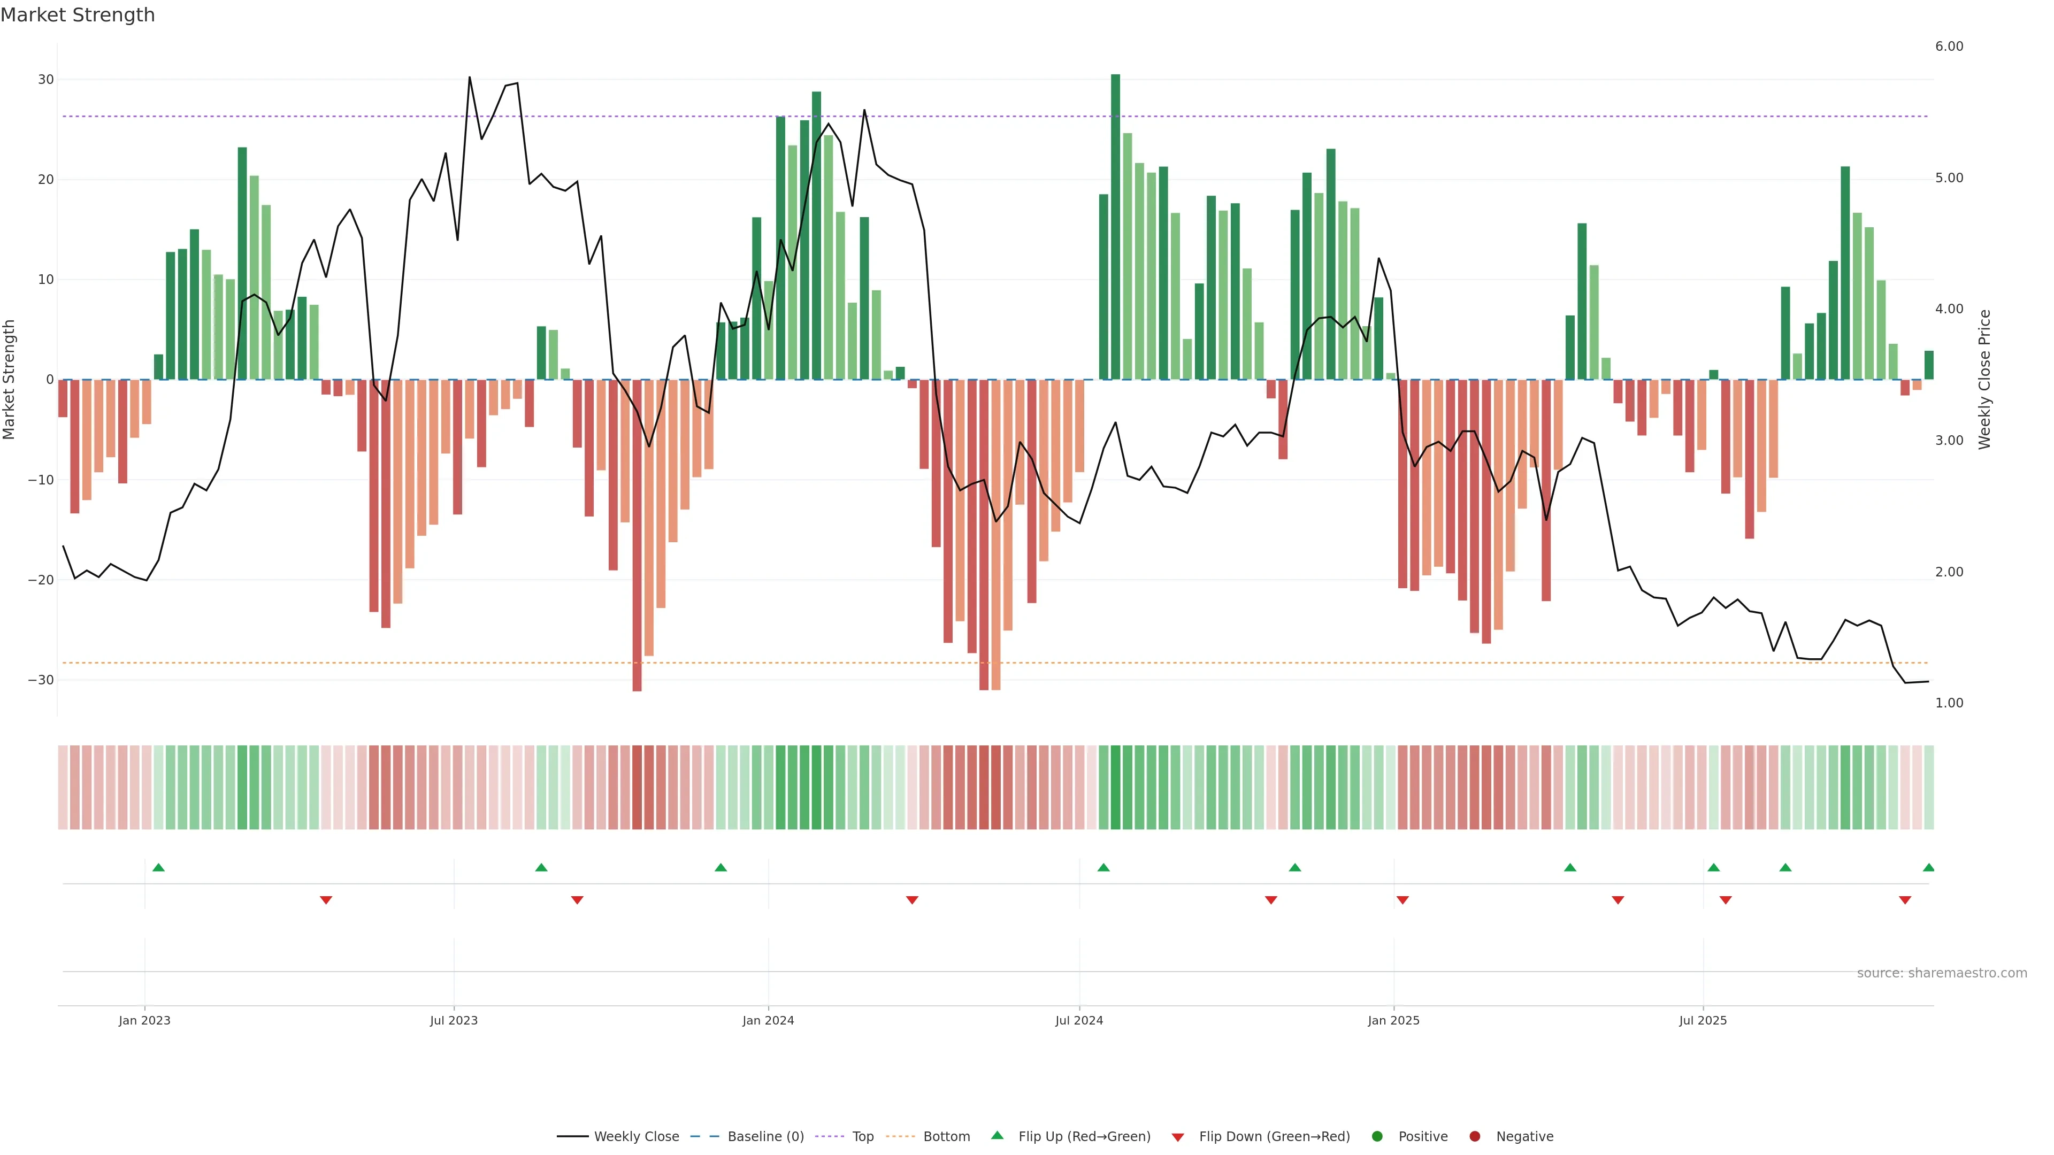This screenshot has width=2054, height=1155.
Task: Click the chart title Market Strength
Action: (78, 15)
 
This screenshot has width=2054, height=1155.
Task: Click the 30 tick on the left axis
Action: (45, 80)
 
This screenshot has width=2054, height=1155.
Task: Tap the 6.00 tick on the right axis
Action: (1949, 46)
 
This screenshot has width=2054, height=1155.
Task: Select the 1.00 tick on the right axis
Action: (1949, 703)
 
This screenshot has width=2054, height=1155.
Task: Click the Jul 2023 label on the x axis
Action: (454, 1020)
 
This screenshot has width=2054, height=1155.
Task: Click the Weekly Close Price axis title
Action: (1984, 380)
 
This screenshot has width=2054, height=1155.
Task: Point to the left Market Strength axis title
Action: (10, 380)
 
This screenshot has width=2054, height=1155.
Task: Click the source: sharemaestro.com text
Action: (1942, 973)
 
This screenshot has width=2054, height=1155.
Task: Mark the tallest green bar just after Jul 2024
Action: (1115, 227)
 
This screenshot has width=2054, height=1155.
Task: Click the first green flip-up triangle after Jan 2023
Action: (159, 867)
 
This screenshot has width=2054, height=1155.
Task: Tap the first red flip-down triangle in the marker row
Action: (326, 900)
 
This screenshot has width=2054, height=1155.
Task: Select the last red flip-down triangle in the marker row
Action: (1905, 900)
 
